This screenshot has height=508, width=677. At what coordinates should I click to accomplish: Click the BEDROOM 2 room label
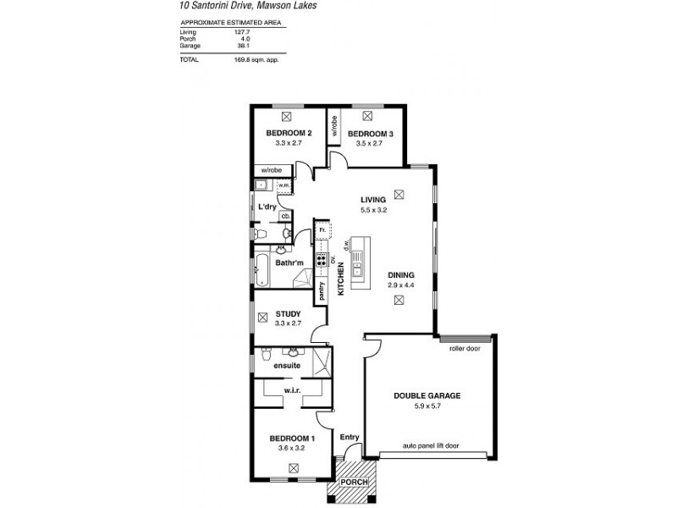pyautogui.click(x=289, y=133)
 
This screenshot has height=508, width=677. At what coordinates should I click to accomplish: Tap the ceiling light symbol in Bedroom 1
pyautogui.click(x=293, y=467)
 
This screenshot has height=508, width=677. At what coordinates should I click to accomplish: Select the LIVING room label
pyautogui.click(x=372, y=200)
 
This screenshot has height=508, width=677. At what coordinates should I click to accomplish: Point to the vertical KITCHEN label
pyautogui.click(x=341, y=279)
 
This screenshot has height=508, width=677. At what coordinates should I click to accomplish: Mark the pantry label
pyautogui.click(x=322, y=290)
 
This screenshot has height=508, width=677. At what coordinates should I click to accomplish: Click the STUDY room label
pyautogui.click(x=289, y=313)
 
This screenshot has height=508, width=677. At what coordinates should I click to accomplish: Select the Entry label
pyautogui.click(x=350, y=437)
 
